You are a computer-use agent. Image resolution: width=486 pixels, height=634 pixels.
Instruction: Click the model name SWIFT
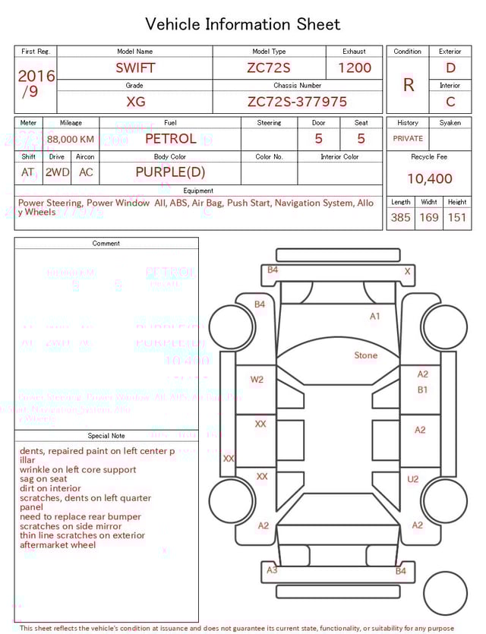point(135,68)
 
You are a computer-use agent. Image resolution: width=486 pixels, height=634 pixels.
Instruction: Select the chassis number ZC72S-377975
point(297,102)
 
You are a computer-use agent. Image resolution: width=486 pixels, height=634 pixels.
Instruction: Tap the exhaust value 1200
point(354,68)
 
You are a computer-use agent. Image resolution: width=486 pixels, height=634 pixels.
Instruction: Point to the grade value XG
point(135,102)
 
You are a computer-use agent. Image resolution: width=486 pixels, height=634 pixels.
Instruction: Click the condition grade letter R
point(408,85)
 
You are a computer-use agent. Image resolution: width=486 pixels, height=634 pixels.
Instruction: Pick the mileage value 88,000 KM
point(71,139)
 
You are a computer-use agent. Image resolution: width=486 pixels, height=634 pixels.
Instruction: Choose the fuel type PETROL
point(170,139)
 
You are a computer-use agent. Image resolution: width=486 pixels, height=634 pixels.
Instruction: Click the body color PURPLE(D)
point(170,172)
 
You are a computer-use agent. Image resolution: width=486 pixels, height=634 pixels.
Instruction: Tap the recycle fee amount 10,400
point(429,179)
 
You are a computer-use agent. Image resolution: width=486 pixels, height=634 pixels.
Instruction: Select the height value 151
point(456,218)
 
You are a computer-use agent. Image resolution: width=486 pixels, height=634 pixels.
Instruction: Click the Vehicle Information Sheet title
point(243,24)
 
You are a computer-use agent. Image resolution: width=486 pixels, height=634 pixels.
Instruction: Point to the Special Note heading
point(106,436)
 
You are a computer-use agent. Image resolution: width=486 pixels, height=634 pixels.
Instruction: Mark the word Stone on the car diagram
point(365,355)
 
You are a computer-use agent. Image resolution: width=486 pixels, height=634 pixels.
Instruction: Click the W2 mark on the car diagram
point(257,380)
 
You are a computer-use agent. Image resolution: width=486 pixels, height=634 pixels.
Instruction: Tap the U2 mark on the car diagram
point(413,479)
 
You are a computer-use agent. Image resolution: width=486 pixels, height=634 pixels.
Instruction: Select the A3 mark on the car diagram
point(272,570)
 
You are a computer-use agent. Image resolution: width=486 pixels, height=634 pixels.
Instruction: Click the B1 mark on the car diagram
point(423,390)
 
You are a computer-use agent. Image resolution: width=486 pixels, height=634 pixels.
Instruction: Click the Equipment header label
point(198,191)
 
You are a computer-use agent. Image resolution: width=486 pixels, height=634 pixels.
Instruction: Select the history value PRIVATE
point(408,139)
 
